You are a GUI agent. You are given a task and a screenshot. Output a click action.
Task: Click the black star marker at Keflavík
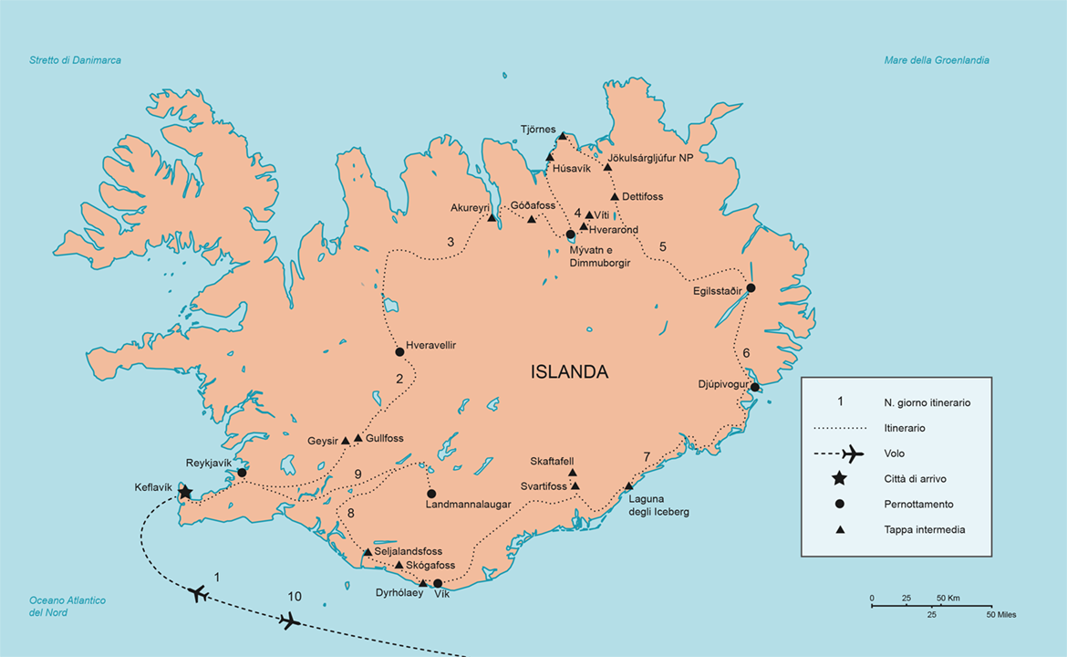(185, 493)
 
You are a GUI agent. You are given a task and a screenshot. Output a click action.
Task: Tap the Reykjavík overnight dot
(242, 473)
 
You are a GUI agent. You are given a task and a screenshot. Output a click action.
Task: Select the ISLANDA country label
(569, 372)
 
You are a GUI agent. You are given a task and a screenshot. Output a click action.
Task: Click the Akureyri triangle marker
(492, 218)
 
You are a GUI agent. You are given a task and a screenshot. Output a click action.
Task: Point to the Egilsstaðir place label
(717, 293)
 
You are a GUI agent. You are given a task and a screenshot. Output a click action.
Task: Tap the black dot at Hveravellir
(399, 352)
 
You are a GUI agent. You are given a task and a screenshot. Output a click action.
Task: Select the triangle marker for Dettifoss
(615, 196)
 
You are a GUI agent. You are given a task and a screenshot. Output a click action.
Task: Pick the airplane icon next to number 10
(289, 621)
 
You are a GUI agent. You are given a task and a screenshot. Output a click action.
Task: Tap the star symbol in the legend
(840, 478)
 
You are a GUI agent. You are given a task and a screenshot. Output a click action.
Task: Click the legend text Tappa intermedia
(924, 529)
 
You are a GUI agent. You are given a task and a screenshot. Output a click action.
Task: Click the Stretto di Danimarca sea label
(75, 60)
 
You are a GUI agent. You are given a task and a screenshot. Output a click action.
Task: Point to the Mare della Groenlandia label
(937, 60)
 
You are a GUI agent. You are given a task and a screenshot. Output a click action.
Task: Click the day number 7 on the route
(647, 456)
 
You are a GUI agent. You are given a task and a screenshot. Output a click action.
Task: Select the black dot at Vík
(438, 584)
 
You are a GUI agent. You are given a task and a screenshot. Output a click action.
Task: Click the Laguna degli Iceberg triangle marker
(628, 486)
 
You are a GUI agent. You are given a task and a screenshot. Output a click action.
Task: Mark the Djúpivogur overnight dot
(755, 387)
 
